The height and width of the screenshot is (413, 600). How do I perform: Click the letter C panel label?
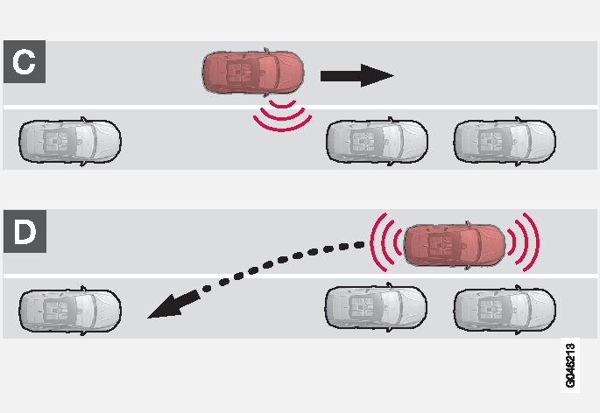(x=25, y=61)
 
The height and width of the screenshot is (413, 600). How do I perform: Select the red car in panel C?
(x=253, y=73)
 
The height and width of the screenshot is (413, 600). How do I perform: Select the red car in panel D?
(x=454, y=245)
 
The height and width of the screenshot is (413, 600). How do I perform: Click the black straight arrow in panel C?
(x=356, y=76)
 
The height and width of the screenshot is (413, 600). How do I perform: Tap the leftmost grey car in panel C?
(x=70, y=138)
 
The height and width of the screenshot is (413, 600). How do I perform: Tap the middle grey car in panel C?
(x=377, y=138)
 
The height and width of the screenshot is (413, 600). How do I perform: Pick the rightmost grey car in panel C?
(x=504, y=138)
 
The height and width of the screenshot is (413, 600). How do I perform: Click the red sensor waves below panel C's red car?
(x=281, y=117)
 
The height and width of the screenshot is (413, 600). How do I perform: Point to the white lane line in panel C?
(x=175, y=108)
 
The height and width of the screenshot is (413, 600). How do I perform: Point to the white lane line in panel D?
(x=219, y=277)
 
